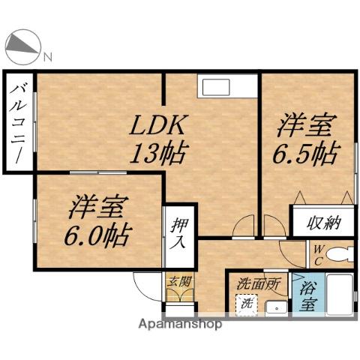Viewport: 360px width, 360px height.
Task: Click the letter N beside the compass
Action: click(47, 56)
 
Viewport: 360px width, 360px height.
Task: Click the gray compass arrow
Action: click(22, 47)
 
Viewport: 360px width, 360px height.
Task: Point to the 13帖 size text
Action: click(160, 154)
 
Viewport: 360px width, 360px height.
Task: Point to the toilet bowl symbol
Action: click(340, 253)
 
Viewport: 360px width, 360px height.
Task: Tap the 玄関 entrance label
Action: click(178, 283)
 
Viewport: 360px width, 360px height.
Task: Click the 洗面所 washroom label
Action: click(259, 285)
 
